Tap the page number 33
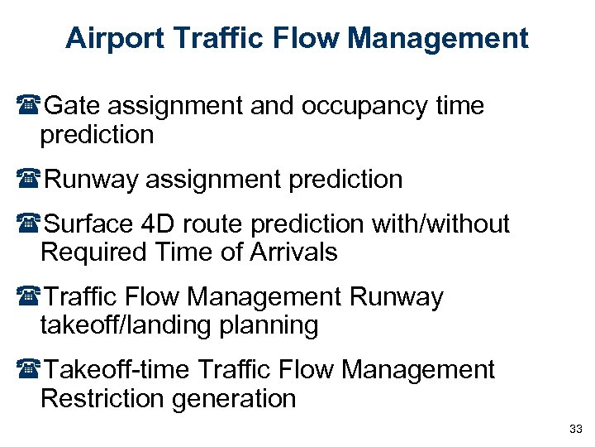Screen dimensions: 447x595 (x=576, y=429)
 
